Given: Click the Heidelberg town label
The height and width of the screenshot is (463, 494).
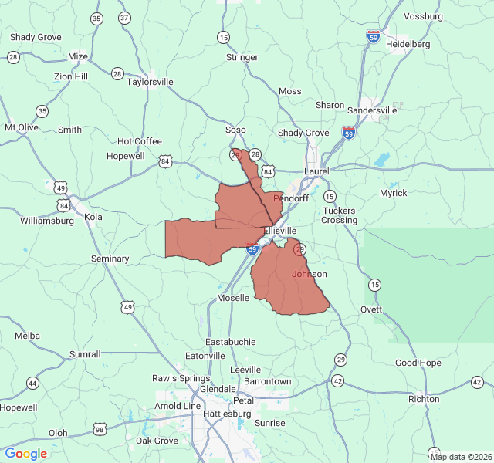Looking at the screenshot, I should [x=408, y=44].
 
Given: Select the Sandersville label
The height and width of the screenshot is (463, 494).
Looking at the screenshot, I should [x=372, y=110].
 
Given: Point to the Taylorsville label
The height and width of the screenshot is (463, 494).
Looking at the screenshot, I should [x=150, y=81].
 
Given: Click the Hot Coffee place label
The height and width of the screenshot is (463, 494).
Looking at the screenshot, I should [x=140, y=141].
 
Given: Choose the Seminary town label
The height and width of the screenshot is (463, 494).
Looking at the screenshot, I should [x=110, y=259].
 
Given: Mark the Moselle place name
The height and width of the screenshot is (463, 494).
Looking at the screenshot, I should [x=233, y=297].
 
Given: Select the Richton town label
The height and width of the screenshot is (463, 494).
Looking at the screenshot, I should [x=424, y=399].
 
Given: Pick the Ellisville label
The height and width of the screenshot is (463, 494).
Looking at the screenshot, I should [x=280, y=231].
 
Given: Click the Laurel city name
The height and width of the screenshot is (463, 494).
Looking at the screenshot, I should [x=316, y=171].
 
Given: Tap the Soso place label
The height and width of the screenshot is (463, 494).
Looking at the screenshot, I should [x=235, y=130].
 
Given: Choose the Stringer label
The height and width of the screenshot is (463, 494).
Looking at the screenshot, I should [x=242, y=57].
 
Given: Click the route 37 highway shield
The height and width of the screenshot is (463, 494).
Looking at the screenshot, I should [x=124, y=18].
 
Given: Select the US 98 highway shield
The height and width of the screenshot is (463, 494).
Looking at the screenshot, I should [x=100, y=429].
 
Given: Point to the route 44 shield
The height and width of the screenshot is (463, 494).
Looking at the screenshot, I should [x=32, y=383].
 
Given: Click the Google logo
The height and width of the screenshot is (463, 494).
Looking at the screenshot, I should [x=26, y=453].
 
